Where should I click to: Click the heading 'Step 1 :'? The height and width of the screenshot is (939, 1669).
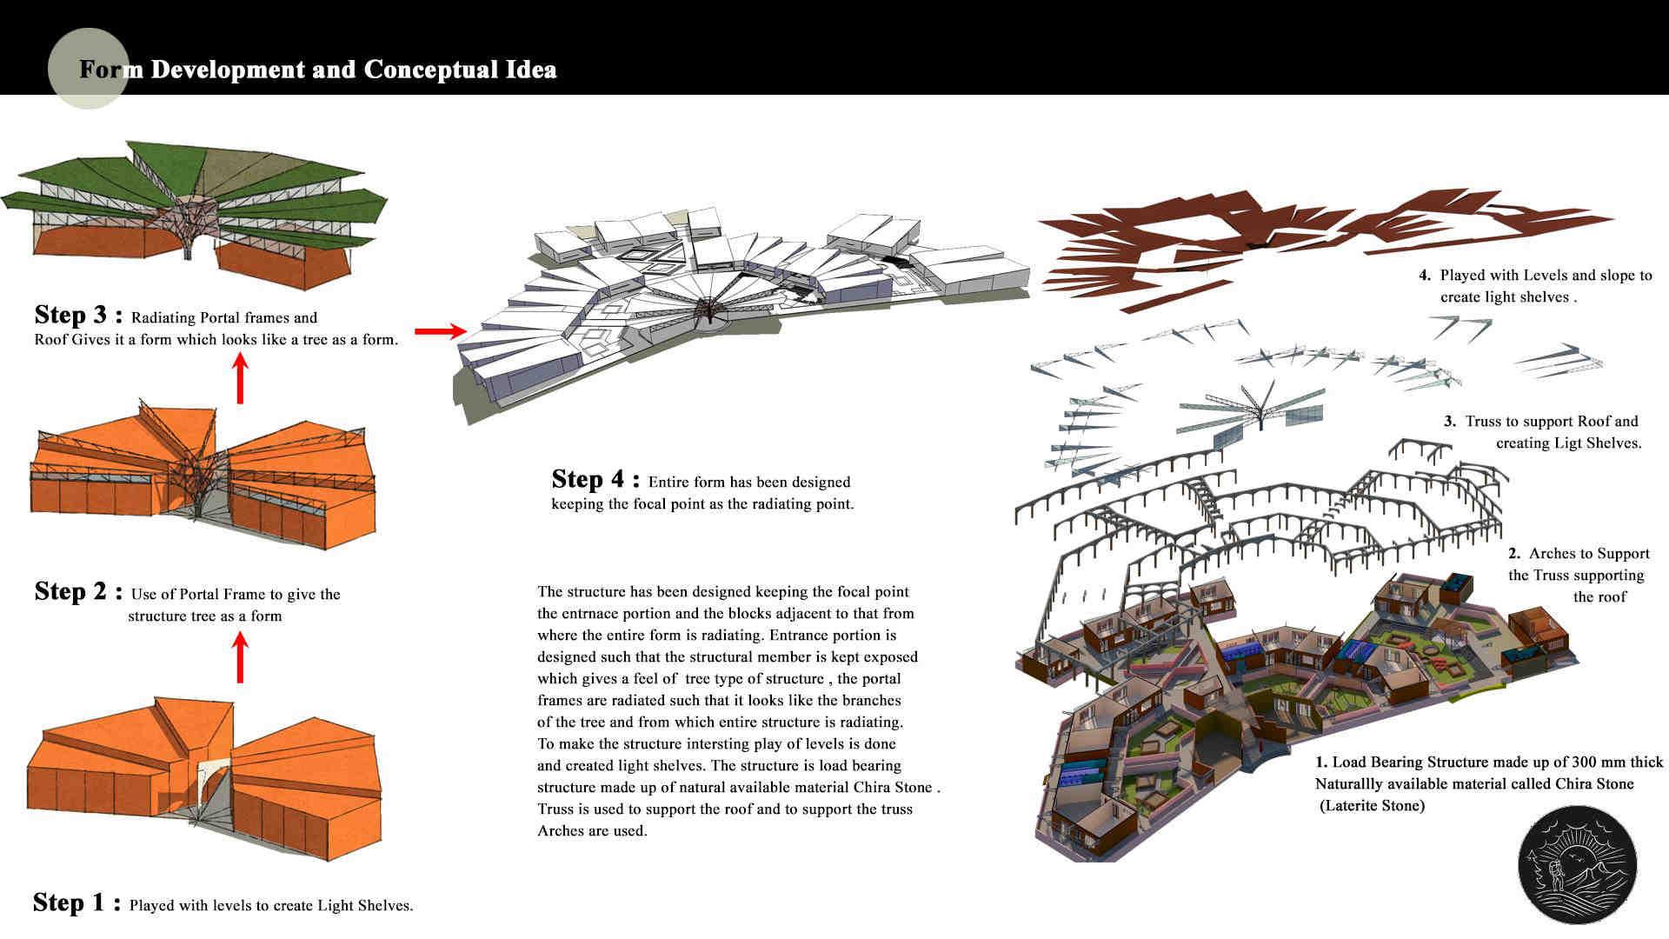click(76, 903)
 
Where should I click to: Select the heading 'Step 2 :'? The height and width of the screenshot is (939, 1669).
click(77, 592)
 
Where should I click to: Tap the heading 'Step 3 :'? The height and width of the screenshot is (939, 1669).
click(77, 316)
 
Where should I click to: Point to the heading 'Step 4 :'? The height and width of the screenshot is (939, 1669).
click(595, 480)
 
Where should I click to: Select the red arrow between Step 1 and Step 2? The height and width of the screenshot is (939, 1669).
click(241, 657)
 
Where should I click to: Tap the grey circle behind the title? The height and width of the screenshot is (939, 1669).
click(88, 69)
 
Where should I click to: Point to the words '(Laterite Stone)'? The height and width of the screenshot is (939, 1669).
click(1373, 806)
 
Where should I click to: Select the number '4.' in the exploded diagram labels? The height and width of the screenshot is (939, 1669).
click(1425, 276)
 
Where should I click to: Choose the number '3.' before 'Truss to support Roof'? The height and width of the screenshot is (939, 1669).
click(1450, 422)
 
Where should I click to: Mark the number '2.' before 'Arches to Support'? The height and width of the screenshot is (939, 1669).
click(1514, 554)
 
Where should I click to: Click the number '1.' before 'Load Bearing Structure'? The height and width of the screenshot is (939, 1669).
click(1321, 763)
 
